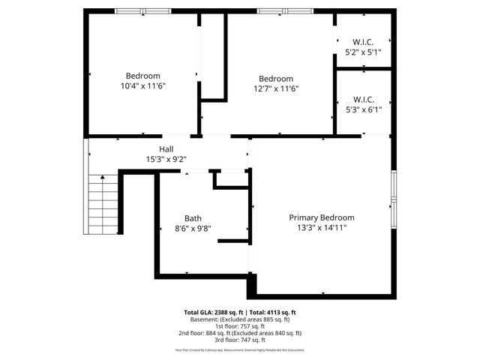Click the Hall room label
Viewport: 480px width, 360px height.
tap(166, 148)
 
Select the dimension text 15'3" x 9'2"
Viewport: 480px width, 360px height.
tap(166, 159)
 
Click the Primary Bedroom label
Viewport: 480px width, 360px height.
tap(322, 217)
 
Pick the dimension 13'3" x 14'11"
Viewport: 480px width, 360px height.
tap(322, 228)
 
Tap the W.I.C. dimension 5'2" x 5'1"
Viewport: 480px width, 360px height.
tap(364, 52)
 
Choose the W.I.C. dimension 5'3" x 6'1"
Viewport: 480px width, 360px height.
tap(364, 109)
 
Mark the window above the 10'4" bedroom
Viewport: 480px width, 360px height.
tap(142, 11)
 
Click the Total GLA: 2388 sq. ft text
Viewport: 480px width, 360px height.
tap(213, 312)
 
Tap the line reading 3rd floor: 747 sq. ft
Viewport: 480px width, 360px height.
tap(240, 340)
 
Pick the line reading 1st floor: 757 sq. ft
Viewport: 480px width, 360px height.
tap(240, 326)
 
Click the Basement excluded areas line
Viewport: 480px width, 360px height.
tap(240, 319)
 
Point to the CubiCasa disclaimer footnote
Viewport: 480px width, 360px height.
tap(240, 349)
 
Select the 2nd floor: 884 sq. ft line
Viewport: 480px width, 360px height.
tap(240, 333)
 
